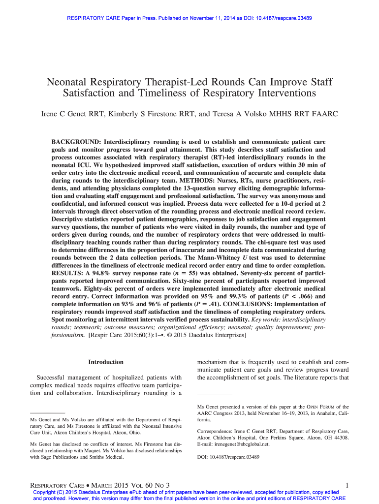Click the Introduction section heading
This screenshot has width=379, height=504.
[x=106, y=362]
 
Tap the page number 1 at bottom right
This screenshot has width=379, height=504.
[x=347, y=486]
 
